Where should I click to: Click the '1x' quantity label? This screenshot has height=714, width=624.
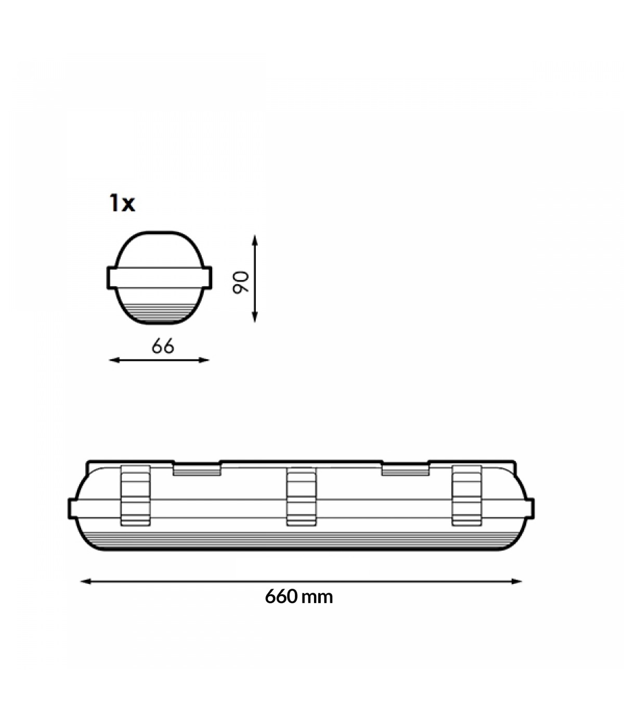122,203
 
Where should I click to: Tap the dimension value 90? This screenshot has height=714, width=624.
241,282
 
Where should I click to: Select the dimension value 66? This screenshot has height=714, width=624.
163,346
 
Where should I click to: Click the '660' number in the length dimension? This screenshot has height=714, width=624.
281,596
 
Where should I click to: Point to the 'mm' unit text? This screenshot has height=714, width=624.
317,598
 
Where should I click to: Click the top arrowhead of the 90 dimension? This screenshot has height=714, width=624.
254,240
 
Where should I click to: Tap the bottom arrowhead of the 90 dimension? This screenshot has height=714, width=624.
254,317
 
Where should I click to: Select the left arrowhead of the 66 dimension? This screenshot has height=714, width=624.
114,360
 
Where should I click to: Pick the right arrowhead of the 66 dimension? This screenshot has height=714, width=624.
204,360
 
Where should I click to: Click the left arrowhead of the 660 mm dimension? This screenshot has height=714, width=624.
86,581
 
